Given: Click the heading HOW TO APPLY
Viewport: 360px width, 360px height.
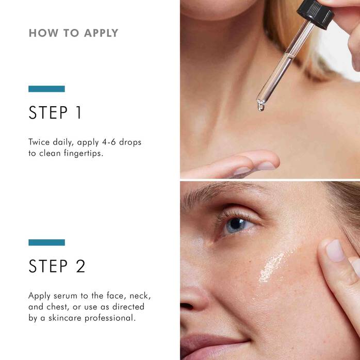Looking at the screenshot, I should pyautogui.click(x=73, y=33).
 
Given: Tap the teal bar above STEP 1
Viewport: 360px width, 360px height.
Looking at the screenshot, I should pyautogui.click(x=46, y=89).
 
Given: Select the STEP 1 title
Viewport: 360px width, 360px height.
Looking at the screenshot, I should pyautogui.click(x=55, y=113).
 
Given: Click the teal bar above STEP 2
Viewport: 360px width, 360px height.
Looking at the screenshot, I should pyautogui.click(x=46, y=242).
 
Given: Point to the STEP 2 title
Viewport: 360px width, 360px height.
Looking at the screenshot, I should pyautogui.click(x=57, y=266).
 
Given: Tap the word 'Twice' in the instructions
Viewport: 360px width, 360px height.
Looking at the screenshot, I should pyautogui.click(x=40, y=142).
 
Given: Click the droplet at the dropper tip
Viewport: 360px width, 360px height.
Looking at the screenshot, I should pyautogui.click(x=261, y=107).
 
